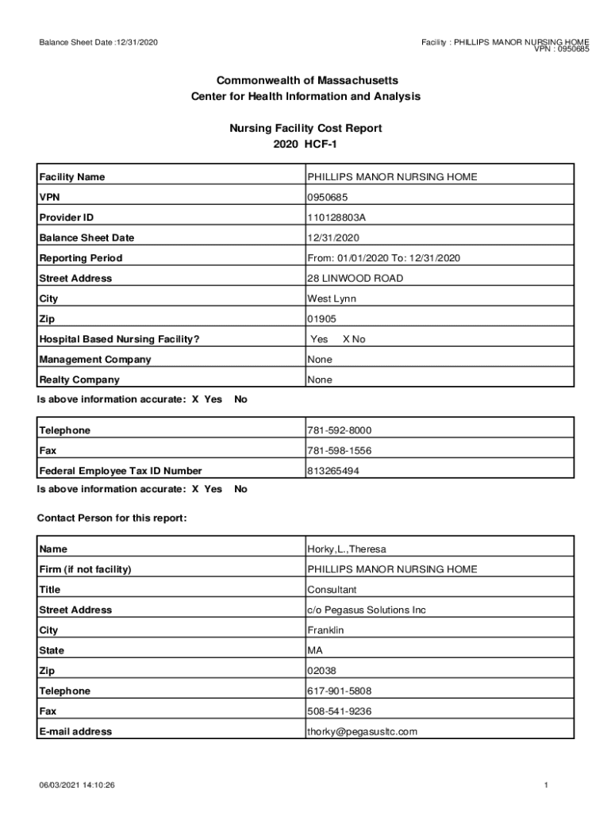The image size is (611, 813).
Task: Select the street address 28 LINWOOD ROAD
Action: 355,279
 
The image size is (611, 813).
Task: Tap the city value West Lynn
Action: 332,299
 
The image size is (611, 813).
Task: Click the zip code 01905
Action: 321,319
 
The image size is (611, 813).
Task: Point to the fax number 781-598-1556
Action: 339,451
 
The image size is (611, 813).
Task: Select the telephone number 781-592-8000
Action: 339,431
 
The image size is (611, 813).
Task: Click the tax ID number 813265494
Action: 333,472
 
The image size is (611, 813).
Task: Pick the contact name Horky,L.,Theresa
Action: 347,549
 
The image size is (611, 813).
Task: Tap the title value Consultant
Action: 332,590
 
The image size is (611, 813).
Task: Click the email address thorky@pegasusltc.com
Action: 362,732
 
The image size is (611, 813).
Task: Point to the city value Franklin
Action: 325,630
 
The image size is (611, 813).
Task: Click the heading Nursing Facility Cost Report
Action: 305,128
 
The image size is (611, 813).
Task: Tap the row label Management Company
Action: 95,360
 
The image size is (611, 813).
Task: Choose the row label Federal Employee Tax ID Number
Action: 121,472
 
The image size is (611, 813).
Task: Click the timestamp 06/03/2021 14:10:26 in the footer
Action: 78,785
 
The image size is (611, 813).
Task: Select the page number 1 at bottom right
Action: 547,785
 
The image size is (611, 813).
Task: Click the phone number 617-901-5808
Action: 339,692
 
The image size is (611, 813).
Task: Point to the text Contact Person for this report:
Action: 112,518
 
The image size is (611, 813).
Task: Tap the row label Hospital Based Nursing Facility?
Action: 119,340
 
